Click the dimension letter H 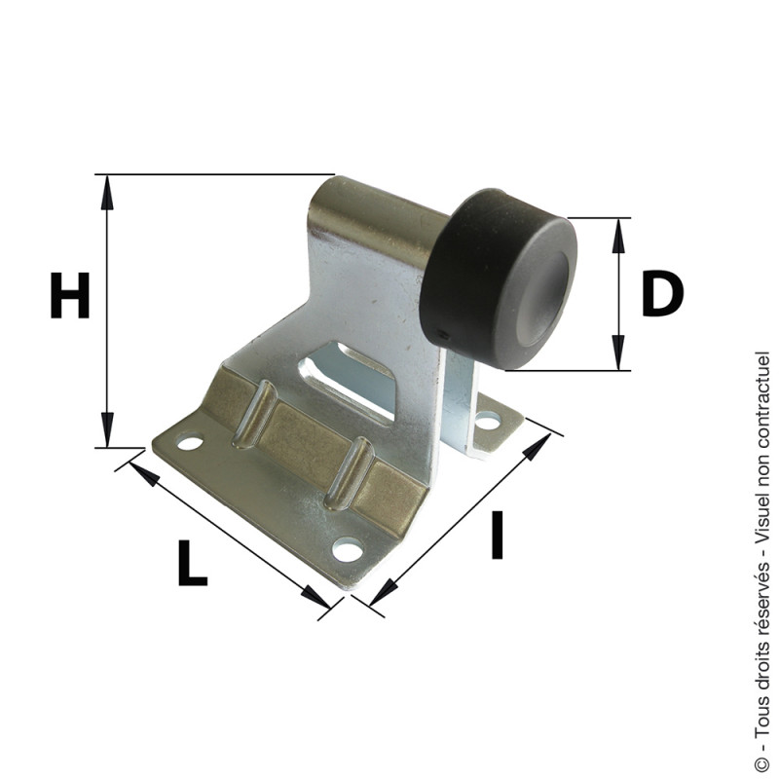point(70,295)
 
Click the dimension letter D point(663,293)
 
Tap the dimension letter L point(192,563)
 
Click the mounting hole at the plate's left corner point(190,442)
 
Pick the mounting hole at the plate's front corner point(348,550)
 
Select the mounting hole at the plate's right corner point(487,423)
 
